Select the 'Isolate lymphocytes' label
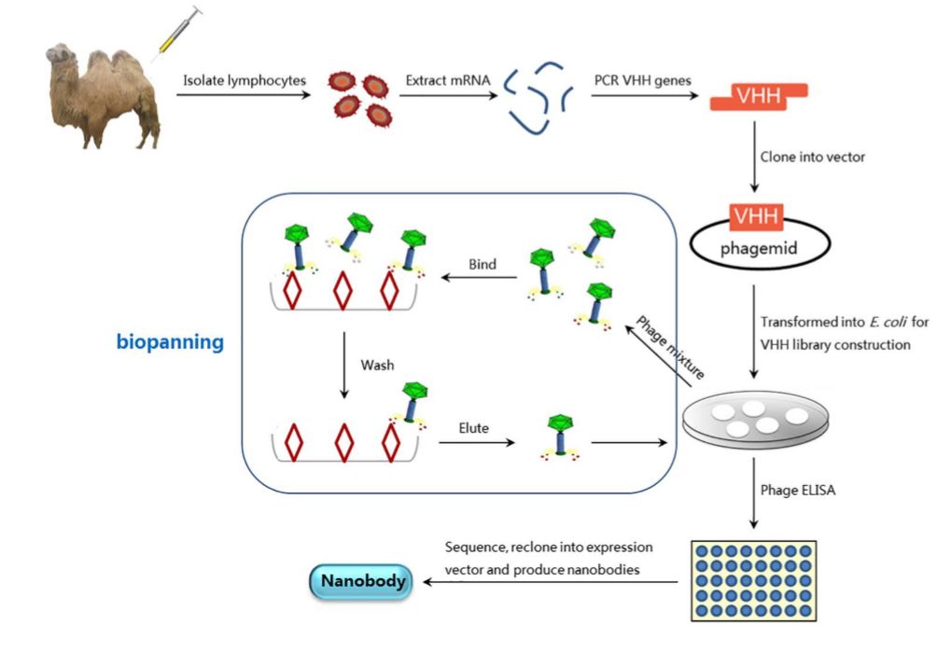(244, 80)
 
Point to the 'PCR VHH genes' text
(643, 80)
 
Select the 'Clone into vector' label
(812, 157)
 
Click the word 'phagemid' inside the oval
(759, 249)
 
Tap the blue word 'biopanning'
(170, 342)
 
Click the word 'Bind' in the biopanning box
(482, 265)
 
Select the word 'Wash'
(376, 360)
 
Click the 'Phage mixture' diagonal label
(670, 346)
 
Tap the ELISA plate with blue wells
(753, 579)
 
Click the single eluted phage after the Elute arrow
(560, 434)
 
